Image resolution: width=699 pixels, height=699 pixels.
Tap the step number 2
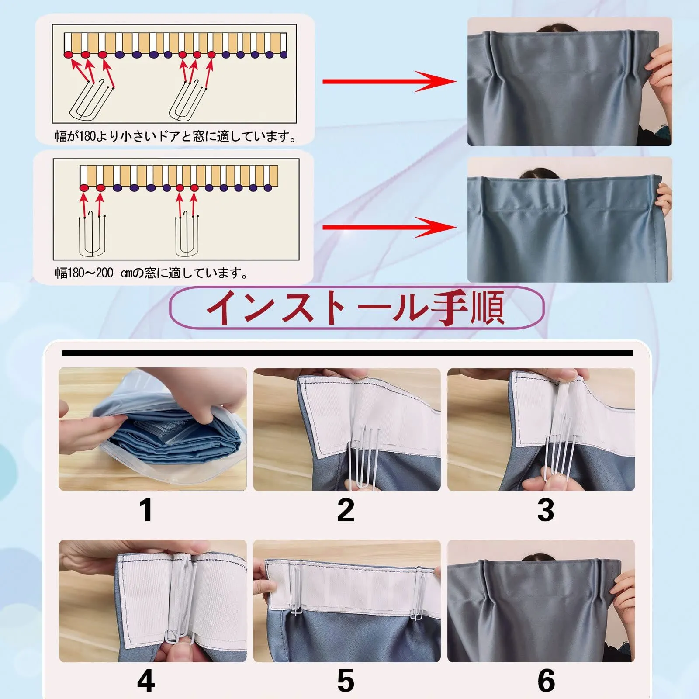[x=346, y=510]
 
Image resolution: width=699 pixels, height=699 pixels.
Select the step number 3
[x=546, y=510]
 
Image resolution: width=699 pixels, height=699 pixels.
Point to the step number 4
[x=146, y=680]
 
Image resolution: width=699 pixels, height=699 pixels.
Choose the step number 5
[x=346, y=680]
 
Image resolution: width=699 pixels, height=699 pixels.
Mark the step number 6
[x=546, y=680]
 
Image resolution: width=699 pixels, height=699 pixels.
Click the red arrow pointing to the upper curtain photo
[x=389, y=81]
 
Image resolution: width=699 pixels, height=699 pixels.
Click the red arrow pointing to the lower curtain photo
[x=389, y=227]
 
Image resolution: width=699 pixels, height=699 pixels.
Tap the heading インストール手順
[x=356, y=307]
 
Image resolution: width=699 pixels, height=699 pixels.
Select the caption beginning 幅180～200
[x=151, y=273]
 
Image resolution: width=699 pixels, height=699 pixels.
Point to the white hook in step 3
[x=557, y=450]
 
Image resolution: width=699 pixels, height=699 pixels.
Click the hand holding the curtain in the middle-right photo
[x=663, y=199]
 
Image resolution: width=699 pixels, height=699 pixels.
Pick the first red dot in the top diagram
[x=69, y=55]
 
